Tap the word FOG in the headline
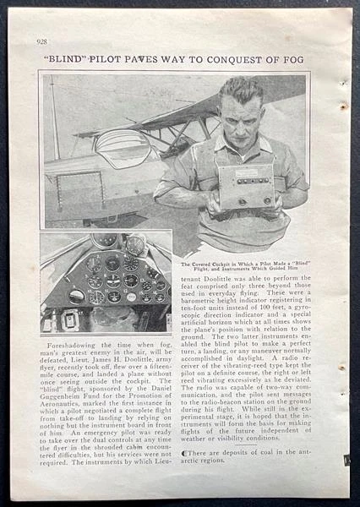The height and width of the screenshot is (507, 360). (295, 59)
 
